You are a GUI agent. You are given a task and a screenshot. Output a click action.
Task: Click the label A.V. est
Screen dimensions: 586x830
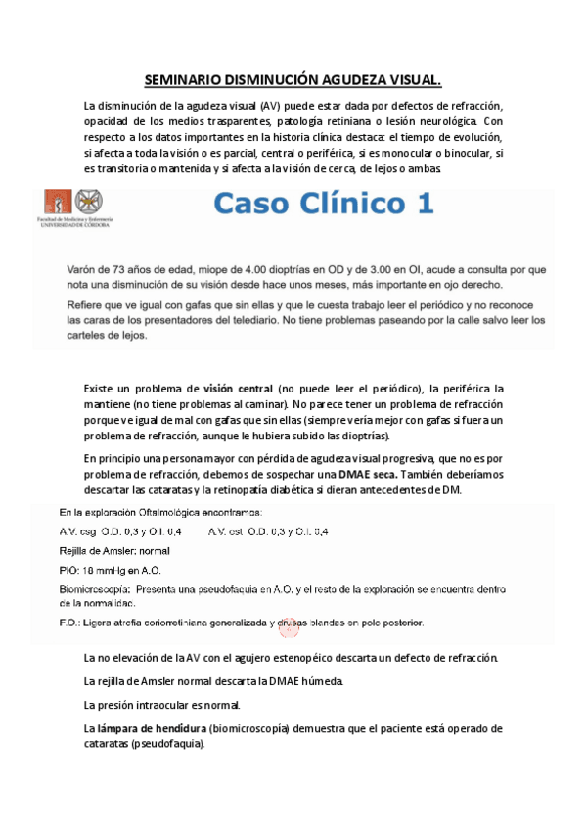point(226,531)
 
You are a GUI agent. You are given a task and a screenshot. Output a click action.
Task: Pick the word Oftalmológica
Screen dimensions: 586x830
point(163,512)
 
